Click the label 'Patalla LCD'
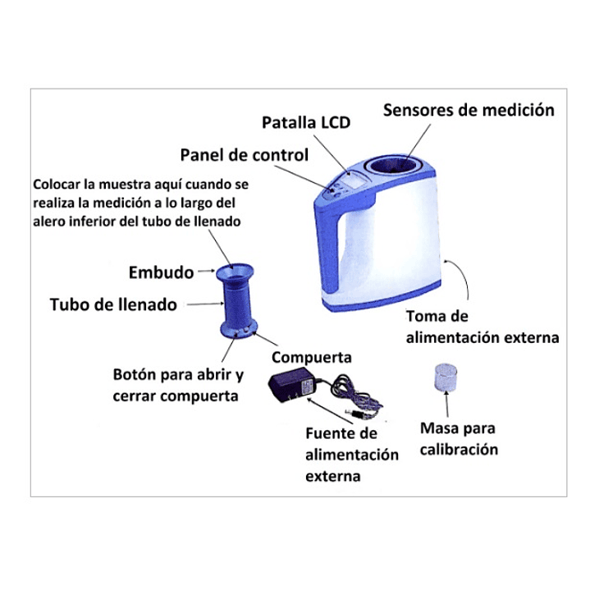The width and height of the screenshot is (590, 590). tap(305, 123)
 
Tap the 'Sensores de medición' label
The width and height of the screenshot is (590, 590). tap(469, 110)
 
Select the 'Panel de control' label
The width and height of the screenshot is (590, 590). tap(244, 155)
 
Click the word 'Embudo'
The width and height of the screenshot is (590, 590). tap(161, 272)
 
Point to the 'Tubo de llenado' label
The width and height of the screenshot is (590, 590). tap(113, 304)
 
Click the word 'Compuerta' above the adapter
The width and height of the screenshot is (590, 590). tap(311, 358)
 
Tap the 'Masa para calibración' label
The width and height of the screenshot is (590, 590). tap(459, 438)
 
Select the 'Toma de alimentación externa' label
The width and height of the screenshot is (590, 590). tap(483, 327)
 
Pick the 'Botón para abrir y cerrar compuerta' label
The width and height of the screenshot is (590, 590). tap(178, 386)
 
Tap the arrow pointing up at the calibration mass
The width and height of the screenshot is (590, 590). tap(446, 406)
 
